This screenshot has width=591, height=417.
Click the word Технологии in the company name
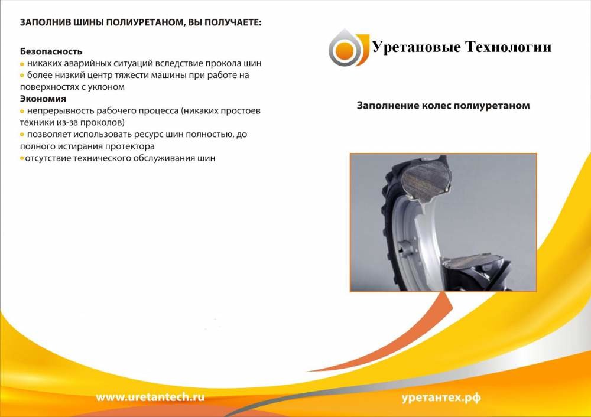click(x=508, y=47)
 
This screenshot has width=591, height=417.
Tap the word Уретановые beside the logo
click(x=417, y=48)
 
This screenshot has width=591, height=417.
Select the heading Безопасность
click(x=51, y=51)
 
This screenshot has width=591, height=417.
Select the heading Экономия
click(x=43, y=99)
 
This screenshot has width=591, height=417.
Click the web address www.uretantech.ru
click(x=150, y=397)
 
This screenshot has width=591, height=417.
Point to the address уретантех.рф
click(x=441, y=398)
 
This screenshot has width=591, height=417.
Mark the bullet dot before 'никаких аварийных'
click(x=22, y=64)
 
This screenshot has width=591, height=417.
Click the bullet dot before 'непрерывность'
click(x=22, y=112)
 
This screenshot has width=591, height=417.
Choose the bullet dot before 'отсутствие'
click(x=22, y=158)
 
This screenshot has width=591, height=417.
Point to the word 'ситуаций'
click(x=132, y=64)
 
